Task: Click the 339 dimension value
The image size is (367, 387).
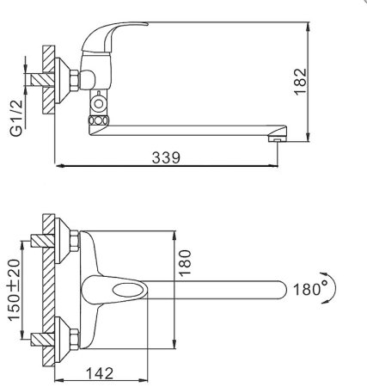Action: [166, 157]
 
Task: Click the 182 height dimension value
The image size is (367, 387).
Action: [301, 82]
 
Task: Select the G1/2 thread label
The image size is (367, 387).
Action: [16, 118]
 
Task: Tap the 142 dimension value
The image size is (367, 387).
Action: [100, 373]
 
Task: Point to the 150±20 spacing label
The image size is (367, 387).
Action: [14, 290]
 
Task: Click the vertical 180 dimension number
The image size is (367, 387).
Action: [185, 262]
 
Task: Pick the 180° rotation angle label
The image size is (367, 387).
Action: [311, 289]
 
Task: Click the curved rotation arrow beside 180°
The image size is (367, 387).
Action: [333, 287]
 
